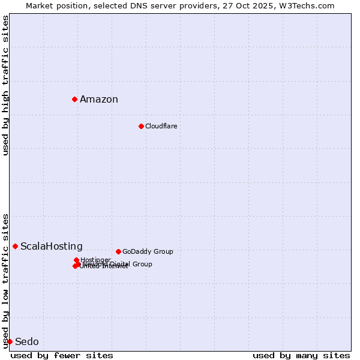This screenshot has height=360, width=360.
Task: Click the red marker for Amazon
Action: [74, 99]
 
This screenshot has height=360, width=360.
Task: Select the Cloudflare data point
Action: [141, 126]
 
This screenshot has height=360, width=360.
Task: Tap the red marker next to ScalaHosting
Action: [15, 246]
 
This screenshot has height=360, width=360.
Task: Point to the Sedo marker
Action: [10, 341]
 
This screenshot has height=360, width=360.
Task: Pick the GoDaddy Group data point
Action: [118, 251]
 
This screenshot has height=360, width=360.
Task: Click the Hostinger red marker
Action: [76, 260]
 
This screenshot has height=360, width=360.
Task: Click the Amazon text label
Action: [99, 100]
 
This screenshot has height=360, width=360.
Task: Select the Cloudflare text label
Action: [161, 126]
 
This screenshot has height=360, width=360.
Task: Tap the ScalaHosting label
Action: [52, 247]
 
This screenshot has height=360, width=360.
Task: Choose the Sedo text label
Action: [27, 342]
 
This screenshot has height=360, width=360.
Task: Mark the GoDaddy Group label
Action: [148, 251]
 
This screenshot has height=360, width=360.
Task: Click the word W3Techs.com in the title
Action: [309, 5]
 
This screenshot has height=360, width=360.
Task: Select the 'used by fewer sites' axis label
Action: [62, 355]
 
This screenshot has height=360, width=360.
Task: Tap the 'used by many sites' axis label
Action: [301, 355]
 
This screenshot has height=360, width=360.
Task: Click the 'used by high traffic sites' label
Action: [6, 86]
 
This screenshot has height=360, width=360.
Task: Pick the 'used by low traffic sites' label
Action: [6, 280]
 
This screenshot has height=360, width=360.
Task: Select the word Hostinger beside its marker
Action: [96, 260]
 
